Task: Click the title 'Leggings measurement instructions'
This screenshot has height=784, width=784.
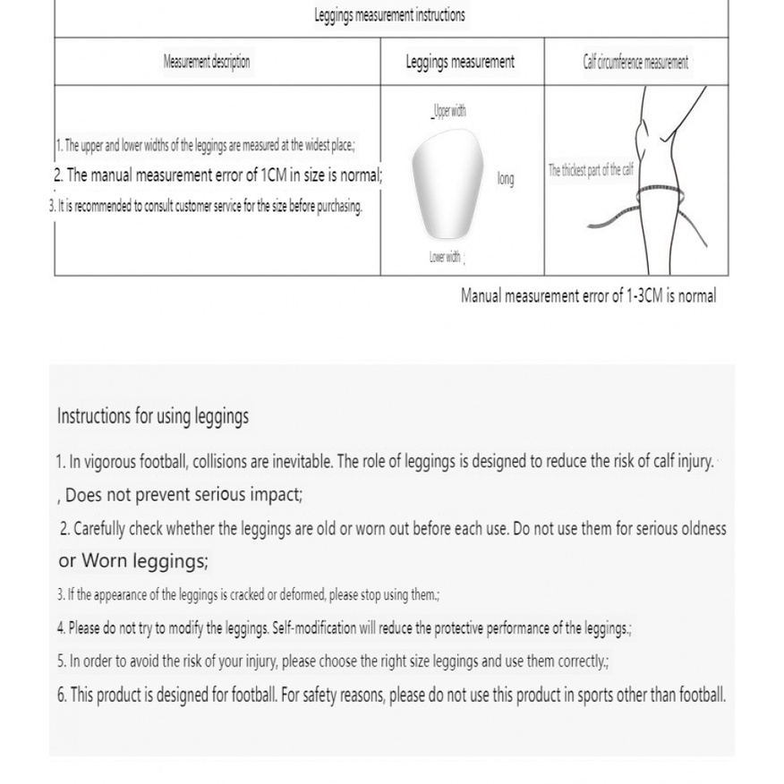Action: [x=389, y=15]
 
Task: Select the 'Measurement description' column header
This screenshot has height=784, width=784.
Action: [x=207, y=62]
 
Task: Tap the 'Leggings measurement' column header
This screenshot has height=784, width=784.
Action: [x=460, y=62]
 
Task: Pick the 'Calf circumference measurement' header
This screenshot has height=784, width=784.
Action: [x=635, y=62]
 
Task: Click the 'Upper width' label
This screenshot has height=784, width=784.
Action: [x=448, y=112]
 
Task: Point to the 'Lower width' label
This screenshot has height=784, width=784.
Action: [x=446, y=257]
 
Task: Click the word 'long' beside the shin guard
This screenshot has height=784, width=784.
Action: [x=506, y=179]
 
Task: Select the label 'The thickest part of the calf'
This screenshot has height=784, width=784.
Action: [x=591, y=170]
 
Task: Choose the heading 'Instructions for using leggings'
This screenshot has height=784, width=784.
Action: [x=153, y=416]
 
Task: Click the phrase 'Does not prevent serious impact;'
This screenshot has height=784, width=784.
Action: [x=183, y=494]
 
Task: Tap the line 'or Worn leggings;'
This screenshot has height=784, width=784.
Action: [x=133, y=561]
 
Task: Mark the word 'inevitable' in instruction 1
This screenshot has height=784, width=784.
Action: [x=302, y=462]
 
